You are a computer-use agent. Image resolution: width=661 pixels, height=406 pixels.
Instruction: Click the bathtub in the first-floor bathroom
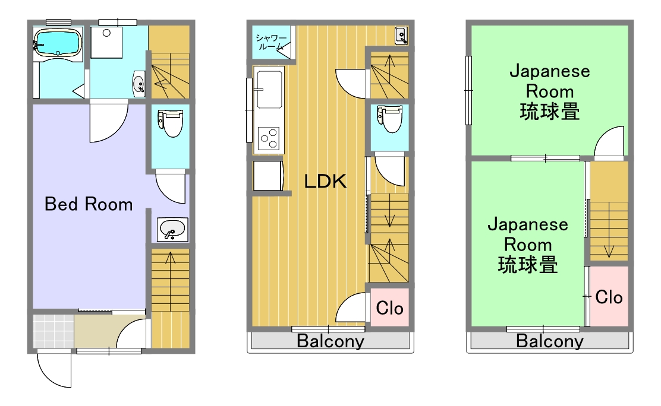(57, 42)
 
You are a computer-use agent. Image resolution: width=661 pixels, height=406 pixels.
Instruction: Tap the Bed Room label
(89, 204)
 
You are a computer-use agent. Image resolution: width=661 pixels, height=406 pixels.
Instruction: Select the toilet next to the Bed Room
(171, 122)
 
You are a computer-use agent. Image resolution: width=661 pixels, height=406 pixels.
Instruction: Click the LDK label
(325, 182)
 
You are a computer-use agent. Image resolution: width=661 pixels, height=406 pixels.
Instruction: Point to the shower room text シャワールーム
(270, 42)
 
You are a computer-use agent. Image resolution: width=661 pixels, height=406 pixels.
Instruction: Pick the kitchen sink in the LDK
(269, 89)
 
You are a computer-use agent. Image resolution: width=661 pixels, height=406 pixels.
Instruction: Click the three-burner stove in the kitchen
(269, 138)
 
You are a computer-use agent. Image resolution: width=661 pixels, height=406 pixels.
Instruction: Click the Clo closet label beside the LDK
(389, 308)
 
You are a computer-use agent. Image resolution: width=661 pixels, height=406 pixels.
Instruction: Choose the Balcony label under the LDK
(330, 341)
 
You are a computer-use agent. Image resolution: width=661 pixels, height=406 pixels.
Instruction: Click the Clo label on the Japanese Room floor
(609, 297)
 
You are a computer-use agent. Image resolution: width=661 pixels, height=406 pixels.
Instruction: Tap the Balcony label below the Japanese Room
(550, 341)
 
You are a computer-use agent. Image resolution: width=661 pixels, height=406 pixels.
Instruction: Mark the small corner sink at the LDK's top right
(401, 36)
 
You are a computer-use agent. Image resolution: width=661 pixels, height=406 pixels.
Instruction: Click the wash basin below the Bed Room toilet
(172, 230)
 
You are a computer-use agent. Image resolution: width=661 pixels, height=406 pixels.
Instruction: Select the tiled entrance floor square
(53, 331)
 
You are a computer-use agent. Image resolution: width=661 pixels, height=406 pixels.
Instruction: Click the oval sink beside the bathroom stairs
(140, 83)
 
